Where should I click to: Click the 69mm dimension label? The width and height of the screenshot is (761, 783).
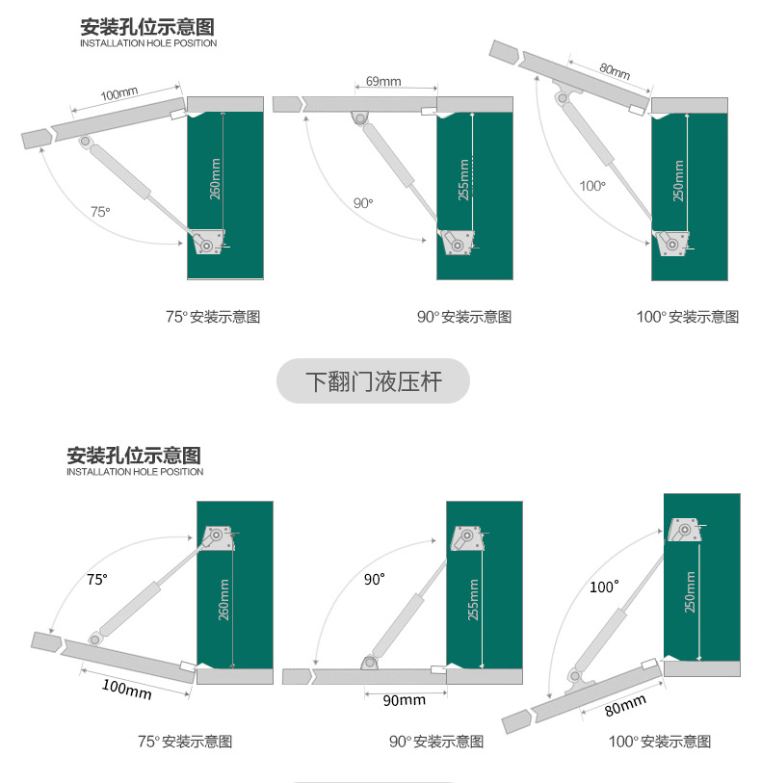(383, 81)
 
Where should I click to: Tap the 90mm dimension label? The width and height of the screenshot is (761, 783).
(404, 700)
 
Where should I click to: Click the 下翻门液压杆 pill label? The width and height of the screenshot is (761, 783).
(374, 381)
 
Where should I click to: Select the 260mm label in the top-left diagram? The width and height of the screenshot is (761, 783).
(215, 179)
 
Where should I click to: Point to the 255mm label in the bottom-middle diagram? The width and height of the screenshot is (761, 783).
(473, 600)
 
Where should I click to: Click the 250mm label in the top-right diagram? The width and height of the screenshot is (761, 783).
(678, 181)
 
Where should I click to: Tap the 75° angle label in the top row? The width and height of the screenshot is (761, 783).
(100, 212)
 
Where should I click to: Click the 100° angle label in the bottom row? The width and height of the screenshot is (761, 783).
(604, 587)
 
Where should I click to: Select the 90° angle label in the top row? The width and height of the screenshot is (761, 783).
(363, 203)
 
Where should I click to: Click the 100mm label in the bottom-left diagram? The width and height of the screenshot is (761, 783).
(127, 689)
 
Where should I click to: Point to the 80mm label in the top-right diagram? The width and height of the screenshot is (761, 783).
(615, 71)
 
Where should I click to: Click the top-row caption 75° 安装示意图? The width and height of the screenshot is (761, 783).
(213, 317)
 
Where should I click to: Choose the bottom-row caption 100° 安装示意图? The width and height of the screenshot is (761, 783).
(660, 742)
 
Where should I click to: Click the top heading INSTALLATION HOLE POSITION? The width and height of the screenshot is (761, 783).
(148, 43)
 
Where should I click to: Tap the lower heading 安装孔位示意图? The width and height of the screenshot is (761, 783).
(134, 456)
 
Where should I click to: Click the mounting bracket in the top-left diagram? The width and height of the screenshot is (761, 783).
(207, 242)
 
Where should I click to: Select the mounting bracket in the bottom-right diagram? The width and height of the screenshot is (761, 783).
(685, 531)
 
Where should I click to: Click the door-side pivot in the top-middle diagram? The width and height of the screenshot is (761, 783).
(359, 118)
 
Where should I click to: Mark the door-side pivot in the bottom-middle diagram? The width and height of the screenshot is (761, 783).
(369, 663)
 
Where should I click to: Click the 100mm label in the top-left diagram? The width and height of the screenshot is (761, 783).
(119, 93)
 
